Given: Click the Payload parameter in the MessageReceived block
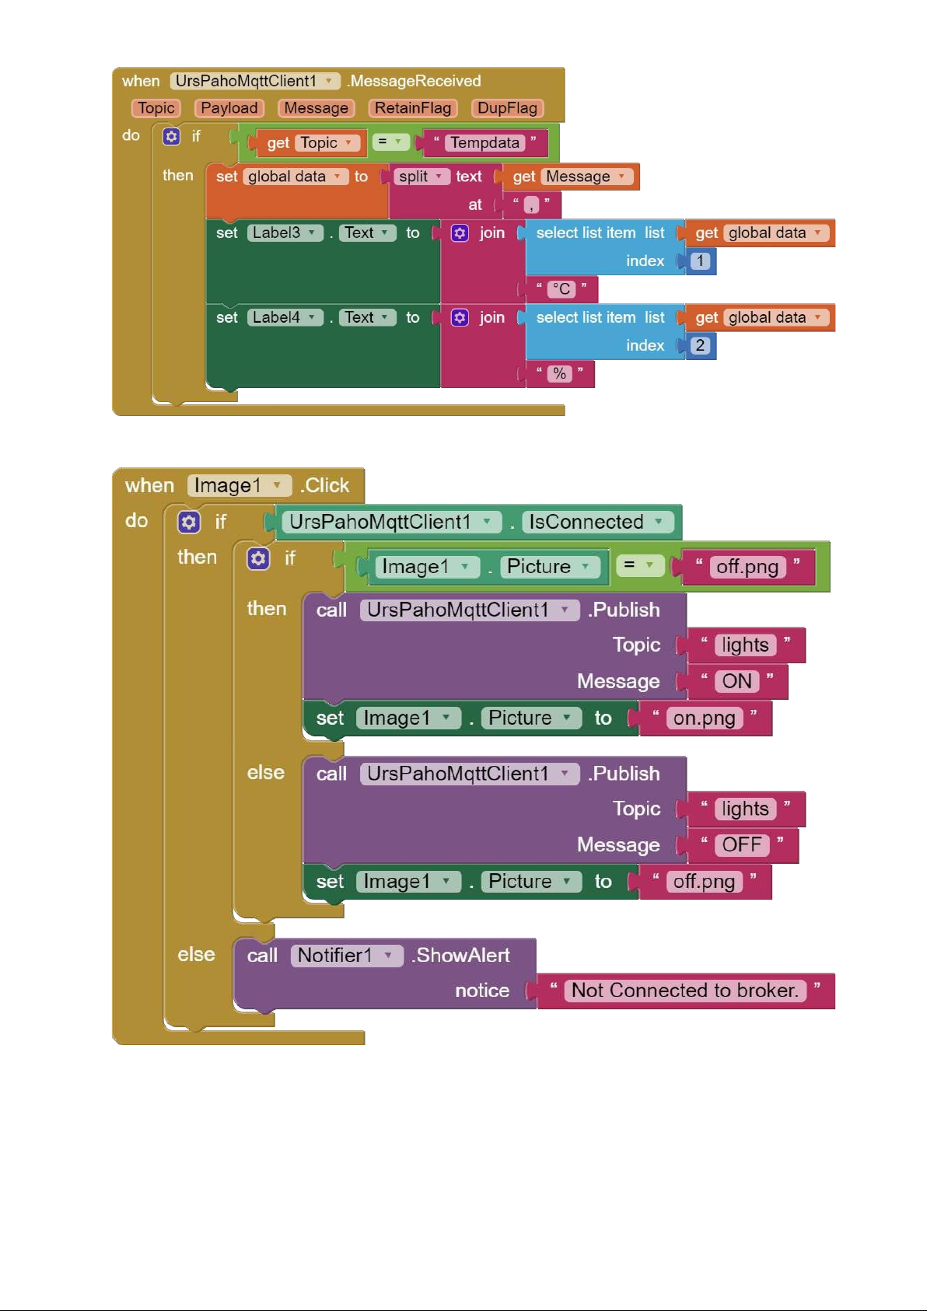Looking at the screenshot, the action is [229, 108].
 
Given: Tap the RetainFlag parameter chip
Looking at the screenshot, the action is [413, 108].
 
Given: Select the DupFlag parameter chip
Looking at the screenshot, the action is [507, 108].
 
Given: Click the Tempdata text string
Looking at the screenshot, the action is [484, 143].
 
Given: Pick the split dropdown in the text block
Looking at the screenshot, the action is [420, 177].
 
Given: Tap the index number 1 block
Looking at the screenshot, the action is [699, 261].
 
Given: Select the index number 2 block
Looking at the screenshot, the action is [699, 345].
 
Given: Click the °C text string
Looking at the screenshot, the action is [561, 289].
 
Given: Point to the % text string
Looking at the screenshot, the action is [559, 373].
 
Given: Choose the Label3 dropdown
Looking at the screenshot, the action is [285, 233].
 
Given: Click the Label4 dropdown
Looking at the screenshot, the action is [285, 317].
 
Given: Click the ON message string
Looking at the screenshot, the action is [736, 680].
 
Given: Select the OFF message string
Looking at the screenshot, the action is [741, 844].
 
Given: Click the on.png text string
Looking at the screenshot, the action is [704, 718].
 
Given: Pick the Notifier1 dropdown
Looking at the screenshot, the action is [346, 955].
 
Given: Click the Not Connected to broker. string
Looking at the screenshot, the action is [684, 991].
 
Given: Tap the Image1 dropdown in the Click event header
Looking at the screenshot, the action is [239, 485].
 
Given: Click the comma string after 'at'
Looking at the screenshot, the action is [531, 205].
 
